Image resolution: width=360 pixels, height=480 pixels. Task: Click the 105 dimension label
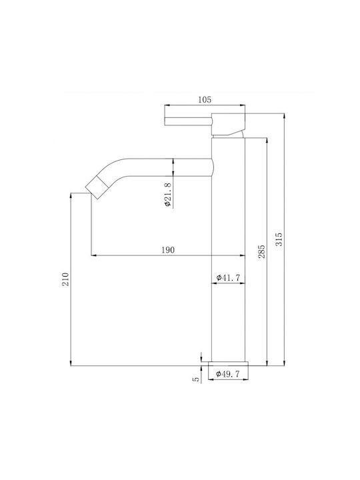pos(205,99)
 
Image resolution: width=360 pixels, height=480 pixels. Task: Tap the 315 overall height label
pos(279,239)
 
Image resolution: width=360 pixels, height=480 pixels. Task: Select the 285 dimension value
pos(261,251)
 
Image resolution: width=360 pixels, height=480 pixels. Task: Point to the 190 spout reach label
pos(168,250)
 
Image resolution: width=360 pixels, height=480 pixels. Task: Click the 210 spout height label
pos(66,279)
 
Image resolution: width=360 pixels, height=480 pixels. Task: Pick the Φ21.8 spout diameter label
pos(167,194)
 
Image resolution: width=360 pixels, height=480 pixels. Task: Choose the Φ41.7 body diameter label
pos(228,277)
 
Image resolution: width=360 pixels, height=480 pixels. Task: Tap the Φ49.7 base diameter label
pos(228,373)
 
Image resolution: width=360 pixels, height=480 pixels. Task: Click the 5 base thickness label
pos(196,379)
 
